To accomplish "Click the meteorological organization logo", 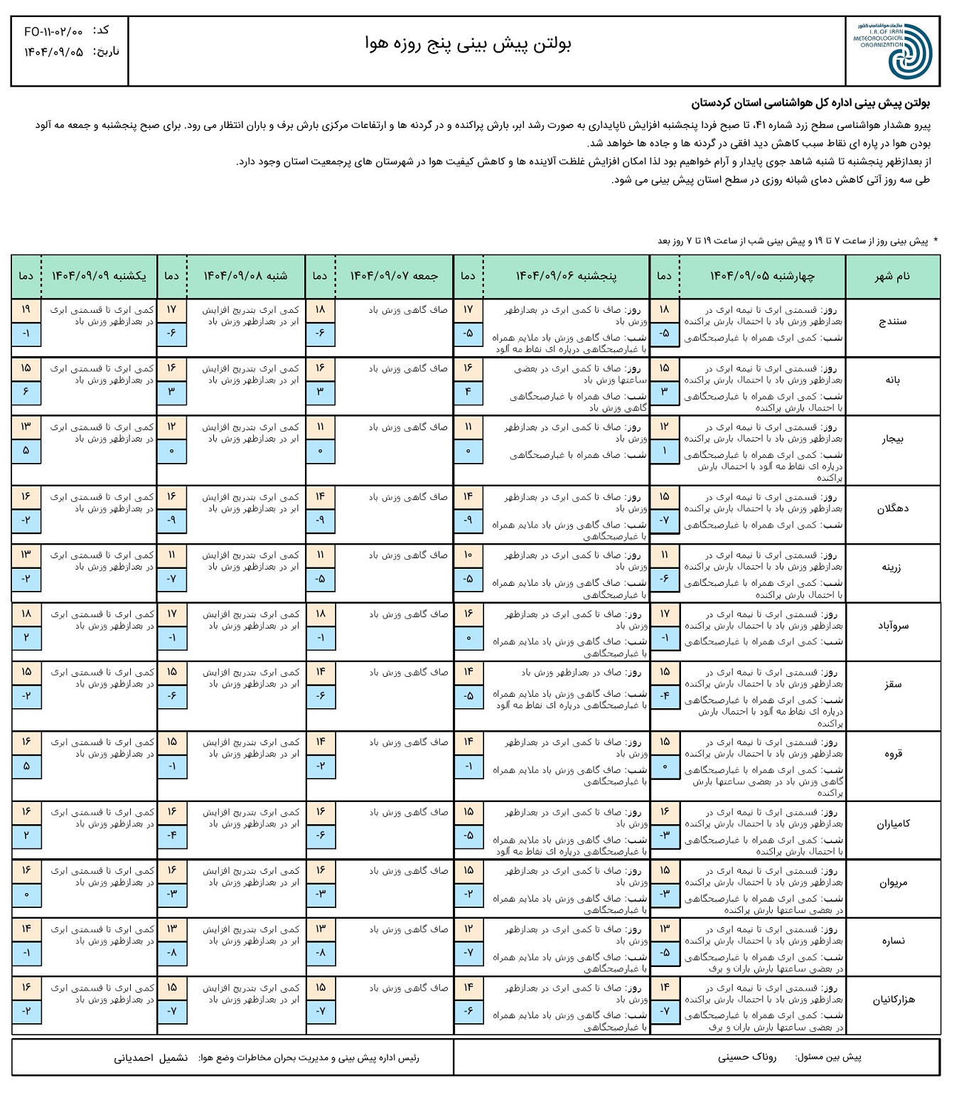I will tap(892, 50).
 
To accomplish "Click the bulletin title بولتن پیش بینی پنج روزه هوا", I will tap(468, 44).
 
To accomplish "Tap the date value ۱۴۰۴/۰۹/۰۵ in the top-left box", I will tap(54, 52).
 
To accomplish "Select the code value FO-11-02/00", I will tap(53, 31).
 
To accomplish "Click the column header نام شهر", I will tap(892, 276).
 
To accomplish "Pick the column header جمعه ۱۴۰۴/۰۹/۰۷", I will tap(394, 276).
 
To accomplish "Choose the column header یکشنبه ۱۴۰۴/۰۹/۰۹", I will tap(99, 276).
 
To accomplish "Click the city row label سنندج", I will tap(892, 321).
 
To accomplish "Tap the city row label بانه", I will tap(892, 380).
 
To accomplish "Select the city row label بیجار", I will tap(892, 439).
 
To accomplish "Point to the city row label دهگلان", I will tap(892, 508).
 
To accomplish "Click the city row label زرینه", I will tap(892, 567).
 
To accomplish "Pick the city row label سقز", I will tap(893, 684).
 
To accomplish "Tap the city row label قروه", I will tap(893, 754).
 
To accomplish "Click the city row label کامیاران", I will tap(893, 824).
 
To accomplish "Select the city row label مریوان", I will tap(893, 882).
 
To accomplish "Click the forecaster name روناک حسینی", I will tap(747, 1057).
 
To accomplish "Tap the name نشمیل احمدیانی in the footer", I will tap(151, 1058).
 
